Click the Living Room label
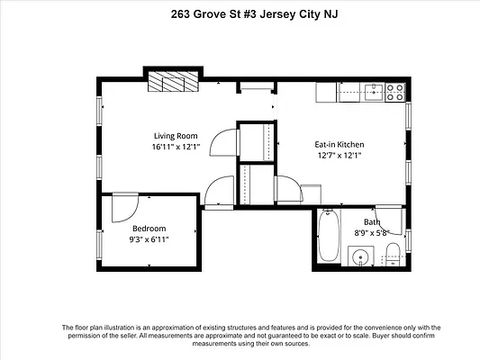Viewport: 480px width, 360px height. pos(176,136)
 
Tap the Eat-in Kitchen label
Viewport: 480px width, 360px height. pos(340,144)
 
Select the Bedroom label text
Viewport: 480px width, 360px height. pos(149,229)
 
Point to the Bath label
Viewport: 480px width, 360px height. pos(372,221)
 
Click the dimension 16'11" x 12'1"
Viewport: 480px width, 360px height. pos(176,147)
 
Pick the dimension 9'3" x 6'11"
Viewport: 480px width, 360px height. pos(149,239)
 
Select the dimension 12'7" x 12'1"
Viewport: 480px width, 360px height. pos(340,156)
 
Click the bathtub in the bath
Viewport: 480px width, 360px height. pos(328,235)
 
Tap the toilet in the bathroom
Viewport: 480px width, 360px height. pos(393,254)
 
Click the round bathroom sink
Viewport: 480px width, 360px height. pos(361,256)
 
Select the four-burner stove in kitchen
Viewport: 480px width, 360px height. pos(395,93)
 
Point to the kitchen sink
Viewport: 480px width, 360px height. pos(374,93)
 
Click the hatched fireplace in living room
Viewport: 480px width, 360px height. pos(173,81)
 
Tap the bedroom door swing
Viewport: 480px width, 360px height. pos(125,207)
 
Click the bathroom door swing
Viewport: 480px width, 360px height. pos(389,220)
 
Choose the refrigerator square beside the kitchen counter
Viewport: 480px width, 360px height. pos(326,93)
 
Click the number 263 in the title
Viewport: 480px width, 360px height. pos(181,14)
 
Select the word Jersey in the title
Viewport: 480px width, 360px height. pos(274,14)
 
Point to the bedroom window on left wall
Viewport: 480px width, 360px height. pos(99,245)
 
